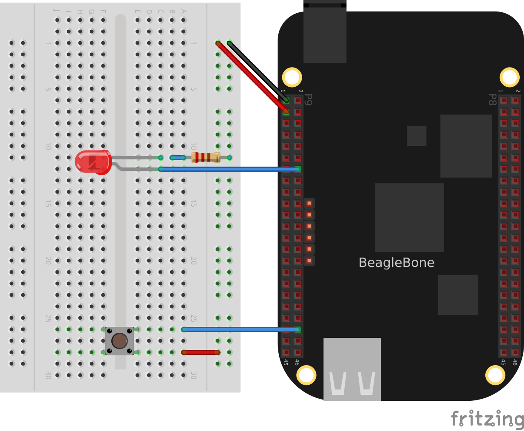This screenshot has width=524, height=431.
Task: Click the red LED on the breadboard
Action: pos(93,162)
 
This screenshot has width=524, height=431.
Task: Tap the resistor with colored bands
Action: pos(206,157)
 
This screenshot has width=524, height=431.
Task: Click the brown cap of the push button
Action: pos(119,341)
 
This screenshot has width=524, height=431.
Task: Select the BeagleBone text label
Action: pos(396,262)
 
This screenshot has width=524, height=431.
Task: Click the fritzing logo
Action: pos(487,419)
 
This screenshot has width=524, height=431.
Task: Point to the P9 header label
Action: pos(309,100)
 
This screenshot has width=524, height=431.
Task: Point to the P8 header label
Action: pos(492,100)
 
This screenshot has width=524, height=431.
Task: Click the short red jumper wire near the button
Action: pos(200,352)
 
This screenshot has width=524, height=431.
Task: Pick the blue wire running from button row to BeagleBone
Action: pos(240,329)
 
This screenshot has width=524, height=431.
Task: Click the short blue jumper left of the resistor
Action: pos(178,158)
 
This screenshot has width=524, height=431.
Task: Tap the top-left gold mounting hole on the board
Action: pos(292,77)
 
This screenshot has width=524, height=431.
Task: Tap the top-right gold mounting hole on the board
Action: pos(509,77)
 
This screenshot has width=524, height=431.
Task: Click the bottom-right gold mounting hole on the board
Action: pos(495,375)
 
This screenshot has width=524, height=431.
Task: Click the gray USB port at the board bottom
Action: pos(352,369)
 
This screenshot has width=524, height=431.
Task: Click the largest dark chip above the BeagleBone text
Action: pos(409,217)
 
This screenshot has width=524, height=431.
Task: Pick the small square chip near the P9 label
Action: pos(416,136)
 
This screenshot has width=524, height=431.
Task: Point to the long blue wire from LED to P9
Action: pos(229,169)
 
